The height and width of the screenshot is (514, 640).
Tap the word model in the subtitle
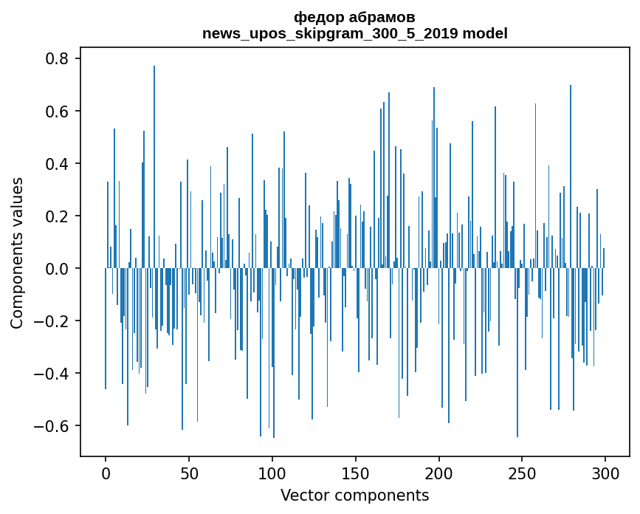click(x=485, y=33)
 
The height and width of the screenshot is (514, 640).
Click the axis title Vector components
click(x=354, y=495)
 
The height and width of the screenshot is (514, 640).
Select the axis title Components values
click(x=17, y=253)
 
